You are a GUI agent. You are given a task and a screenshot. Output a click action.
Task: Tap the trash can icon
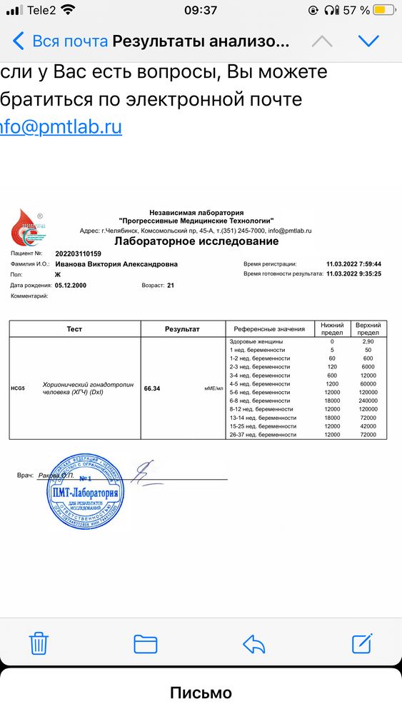(39, 643)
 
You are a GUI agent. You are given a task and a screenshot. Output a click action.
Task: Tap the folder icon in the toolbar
(146, 643)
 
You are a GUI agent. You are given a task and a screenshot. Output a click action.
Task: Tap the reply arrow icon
(254, 643)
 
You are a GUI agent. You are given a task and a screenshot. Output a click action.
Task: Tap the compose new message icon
(363, 643)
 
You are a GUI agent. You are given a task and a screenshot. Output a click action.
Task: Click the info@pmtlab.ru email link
(61, 126)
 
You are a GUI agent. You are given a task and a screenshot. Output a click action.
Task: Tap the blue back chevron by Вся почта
(19, 41)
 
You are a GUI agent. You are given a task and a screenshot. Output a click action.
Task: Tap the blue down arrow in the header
(369, 41)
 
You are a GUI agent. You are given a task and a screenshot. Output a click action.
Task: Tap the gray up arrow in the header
(322, 41)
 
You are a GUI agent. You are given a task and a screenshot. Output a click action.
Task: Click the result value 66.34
(152, 388)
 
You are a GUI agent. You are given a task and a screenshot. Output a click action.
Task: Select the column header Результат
(182, 329)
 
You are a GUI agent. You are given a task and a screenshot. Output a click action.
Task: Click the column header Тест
(75, 329)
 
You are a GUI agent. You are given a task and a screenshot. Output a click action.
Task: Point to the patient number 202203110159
(78, 253)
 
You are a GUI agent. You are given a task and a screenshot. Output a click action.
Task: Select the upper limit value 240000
(368, 401)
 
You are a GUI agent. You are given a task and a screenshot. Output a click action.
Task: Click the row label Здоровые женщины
(256, 342)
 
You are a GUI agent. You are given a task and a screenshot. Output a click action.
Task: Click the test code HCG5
(18, 388)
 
